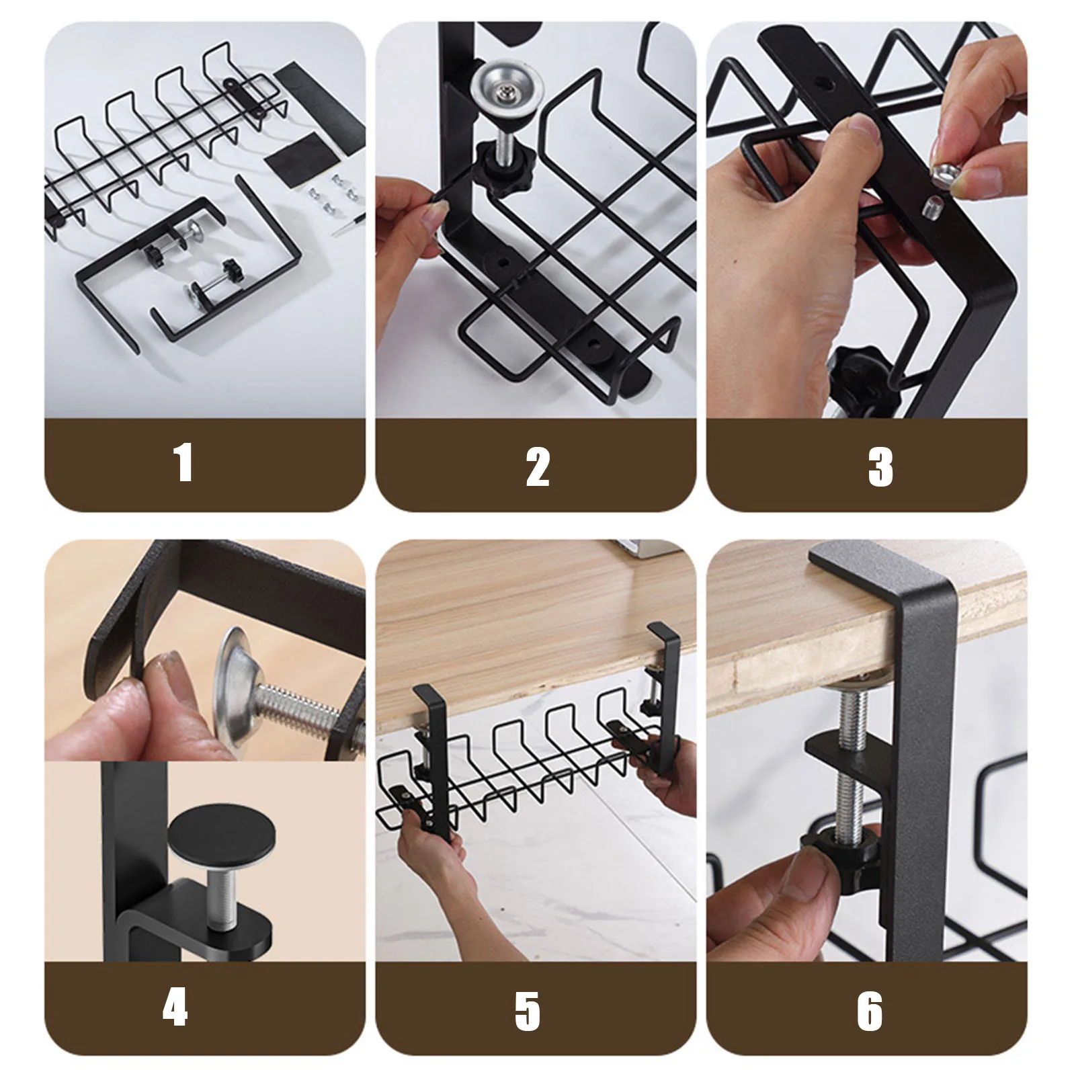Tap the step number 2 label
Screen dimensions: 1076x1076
538,467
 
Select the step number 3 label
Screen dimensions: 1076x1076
880,467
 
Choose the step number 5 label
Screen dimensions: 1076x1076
528,1011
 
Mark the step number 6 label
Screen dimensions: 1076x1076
870,1011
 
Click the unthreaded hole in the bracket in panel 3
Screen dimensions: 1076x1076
822,85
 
